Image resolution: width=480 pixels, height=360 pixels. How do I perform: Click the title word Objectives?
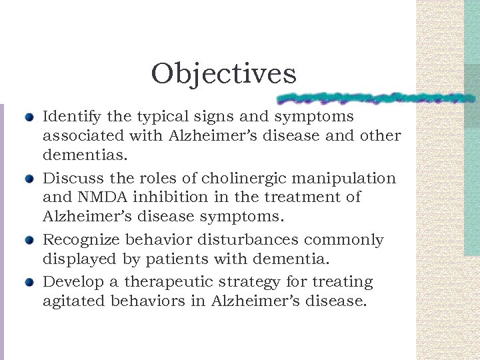[223, 74]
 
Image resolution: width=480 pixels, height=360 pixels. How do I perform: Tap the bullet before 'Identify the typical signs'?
[28, 118]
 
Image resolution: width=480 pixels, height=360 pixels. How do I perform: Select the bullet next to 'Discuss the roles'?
[28, 179]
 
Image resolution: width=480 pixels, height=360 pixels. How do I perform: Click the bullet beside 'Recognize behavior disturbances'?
[28, 241]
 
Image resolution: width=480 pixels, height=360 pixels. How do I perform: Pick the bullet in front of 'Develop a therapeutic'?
[28, 283]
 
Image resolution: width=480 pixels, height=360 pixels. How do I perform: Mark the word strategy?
[231, 283]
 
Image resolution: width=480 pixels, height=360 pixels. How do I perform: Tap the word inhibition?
[167, 197]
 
